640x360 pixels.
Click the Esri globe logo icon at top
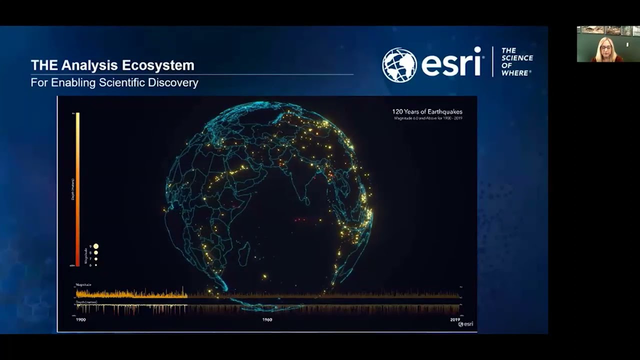[x=399, y=65]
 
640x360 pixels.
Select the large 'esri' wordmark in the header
[x=451, y=62]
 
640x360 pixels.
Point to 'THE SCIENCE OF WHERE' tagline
[x=516, y=62]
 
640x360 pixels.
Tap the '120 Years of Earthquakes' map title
[x=427, y=111]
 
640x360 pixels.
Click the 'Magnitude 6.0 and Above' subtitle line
[x=427, y=118]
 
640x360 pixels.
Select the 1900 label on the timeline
[x=80, y=319]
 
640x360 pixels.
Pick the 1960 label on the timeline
[x=267, y=319]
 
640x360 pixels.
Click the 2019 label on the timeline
[x=455, y=319]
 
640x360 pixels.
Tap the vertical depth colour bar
[x=77, y=190]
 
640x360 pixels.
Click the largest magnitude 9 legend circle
[x=95, y=246]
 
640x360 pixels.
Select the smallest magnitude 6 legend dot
[x=95, y=265]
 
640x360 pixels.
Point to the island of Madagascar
[x=243, y=253]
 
